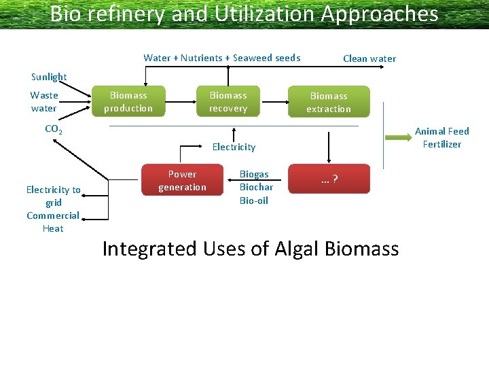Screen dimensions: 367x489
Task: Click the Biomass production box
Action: coord(128,102)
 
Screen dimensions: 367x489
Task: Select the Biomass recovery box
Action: coord(228,102)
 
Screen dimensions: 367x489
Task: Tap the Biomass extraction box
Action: coord(329,102)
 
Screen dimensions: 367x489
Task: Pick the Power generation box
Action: coord(182,181)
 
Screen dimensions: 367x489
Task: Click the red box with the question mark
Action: coord(329,179)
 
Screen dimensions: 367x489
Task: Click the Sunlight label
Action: coord(49,77)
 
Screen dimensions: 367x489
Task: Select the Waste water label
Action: coord(44,102)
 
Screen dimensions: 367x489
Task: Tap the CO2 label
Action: coord(53,129)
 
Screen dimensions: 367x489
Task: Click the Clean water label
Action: coord(369,58)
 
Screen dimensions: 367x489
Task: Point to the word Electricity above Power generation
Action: coord(234,147)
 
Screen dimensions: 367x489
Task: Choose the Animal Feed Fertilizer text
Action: coord(441,137)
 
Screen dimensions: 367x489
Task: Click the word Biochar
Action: coord(256,187)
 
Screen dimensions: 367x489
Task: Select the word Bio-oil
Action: coord(254,200)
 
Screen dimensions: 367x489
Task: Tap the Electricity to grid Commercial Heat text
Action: coord(53,209)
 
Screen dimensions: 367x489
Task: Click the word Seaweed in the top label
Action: coord(252,58)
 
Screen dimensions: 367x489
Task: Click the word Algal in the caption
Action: coord(297,249)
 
